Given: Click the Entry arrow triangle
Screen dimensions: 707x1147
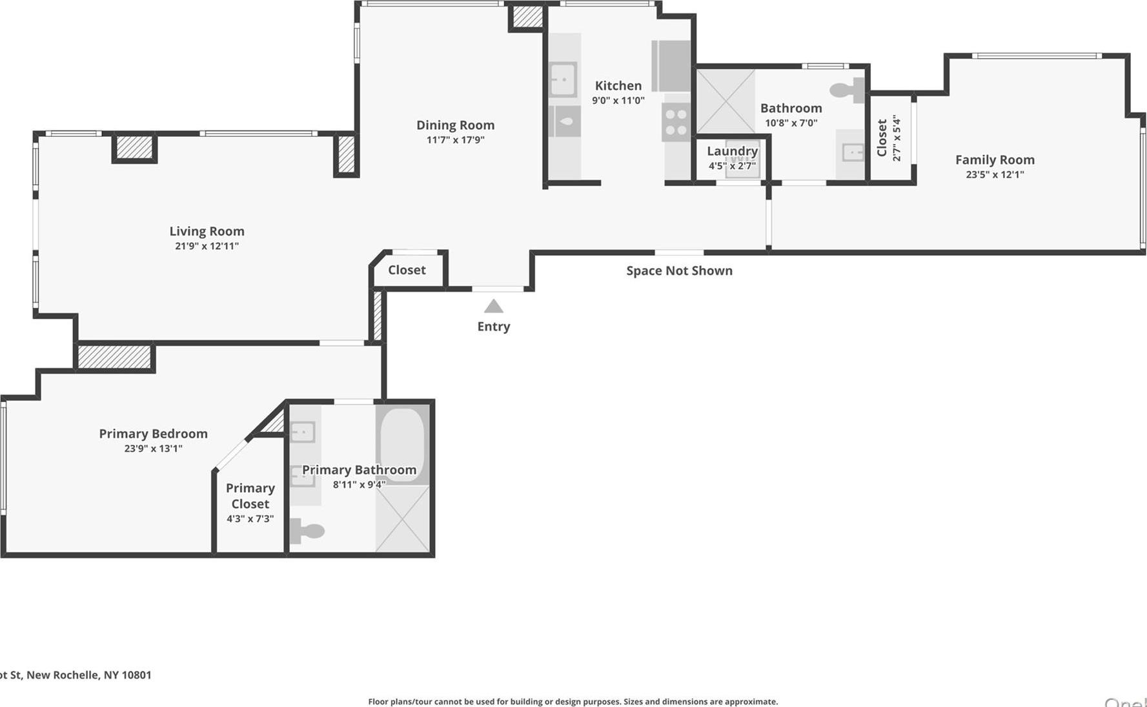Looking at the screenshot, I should pyautogui.click(x=493, y=306).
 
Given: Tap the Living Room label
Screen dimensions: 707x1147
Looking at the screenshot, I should pyautogui.click(x=207, y=231).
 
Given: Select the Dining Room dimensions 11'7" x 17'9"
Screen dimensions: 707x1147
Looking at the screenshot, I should pyautogui.click(x=455, y=140).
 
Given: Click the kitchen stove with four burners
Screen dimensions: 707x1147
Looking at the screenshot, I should pyautogui.click(x=676, y=122).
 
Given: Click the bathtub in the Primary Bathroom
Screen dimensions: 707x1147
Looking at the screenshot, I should pyautogui.click(x=402, y=444).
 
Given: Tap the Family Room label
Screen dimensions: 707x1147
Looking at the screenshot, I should pyautogui.click(x=994, y=159).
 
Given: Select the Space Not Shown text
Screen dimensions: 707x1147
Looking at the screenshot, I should pyautogui.click(x=679, y=271).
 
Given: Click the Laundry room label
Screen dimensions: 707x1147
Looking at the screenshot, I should pyautogui.click(x=732, y=151).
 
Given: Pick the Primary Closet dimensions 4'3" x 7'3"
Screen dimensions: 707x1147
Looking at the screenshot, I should pyautogui.click(x=250, y=519).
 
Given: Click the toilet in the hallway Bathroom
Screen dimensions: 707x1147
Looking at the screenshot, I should pyautogui.click(x=848, y=90).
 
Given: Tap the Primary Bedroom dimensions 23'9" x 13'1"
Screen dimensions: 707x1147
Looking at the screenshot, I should pyautogui.click(x=153, y=449).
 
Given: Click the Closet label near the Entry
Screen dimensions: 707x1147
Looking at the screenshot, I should pyautogui.click(x=407, y=270).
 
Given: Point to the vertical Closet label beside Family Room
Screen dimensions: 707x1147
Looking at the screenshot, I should pyautogui.click(x=882, y=138).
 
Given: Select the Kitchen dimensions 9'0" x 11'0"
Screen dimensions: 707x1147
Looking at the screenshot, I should pyautogui.click(x=618, y=101).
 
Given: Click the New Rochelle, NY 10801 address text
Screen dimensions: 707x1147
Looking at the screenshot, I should pyautogui.click(x=76, y=675).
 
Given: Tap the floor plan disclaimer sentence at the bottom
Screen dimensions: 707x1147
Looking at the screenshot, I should pyautogui.click(x=573, y=701).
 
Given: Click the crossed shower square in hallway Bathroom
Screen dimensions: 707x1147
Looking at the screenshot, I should pyautogui.click(x=726, y=101).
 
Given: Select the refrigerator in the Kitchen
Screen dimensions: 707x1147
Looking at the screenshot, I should pyautogui.click(x=671, y=66).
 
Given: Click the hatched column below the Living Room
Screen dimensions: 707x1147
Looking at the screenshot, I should pyautogui.click(x=114, y=357).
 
